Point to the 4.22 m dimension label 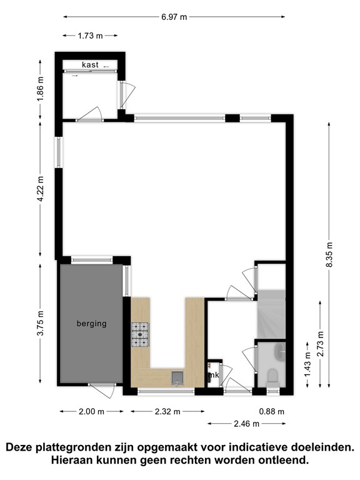pyautogui.click(x=41, y=189)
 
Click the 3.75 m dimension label pyautogui.click(x=41, y=323)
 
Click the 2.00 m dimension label pyautogui.click(x=91, y=411)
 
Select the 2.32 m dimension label pyautogui.click(x=167, y=411)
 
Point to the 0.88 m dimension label pyautogui.click(x=271, y=411)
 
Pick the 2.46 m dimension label pyautogui.click(x=247, y=423)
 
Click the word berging pyautogui.click(x=91, y=323)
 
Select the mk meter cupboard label pyautogui.click(x=214, y=375)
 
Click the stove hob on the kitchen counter pyautogui.click(x=140, y=334)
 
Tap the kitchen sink pyautogui.click(x=177, y=376)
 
